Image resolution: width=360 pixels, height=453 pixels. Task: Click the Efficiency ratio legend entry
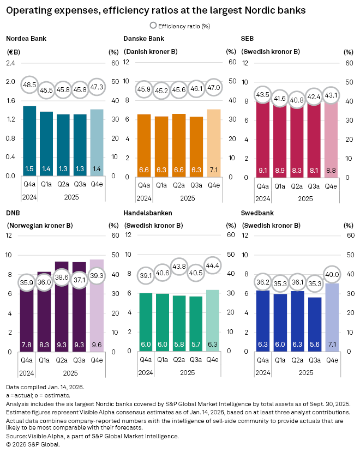point(179,26)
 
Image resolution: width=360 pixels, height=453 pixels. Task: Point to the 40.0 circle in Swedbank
point(332,274)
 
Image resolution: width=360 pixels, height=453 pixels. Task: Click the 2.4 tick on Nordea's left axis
point(10,63)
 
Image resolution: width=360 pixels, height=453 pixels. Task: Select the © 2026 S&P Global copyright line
point(32,444)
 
